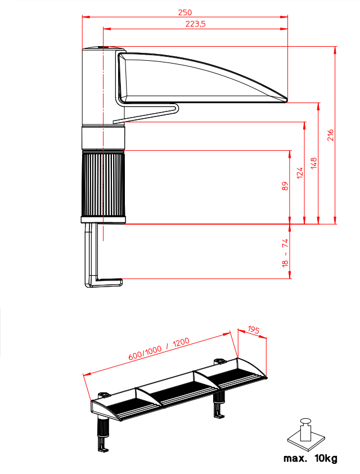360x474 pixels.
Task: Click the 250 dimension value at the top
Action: click(185, 12)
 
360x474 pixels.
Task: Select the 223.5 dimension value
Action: click(195, 24)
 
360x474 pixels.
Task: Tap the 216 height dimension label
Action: click(331, 135)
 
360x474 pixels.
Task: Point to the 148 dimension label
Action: click(314, 163)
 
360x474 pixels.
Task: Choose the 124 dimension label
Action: click(300, 173)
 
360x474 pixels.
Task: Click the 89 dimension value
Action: click(285, 186)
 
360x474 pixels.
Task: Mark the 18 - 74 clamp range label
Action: click(285, 253)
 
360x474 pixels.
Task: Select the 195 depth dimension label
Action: click(254, 329)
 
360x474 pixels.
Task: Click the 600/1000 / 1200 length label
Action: click(159, 349)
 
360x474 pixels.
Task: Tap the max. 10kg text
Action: click(310, 458)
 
